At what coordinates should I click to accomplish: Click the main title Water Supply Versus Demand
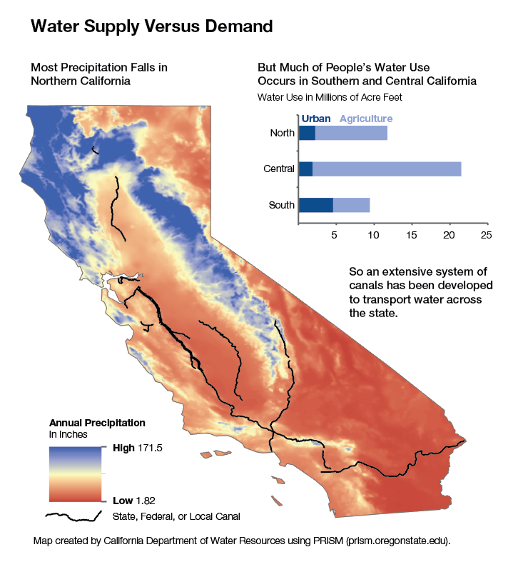(151, 27)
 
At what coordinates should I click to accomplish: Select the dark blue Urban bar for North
(307, 133)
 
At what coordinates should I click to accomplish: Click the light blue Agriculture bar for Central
(386, 169)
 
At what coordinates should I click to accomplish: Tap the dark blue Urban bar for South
(315, 205)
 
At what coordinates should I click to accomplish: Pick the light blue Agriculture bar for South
(351, 205)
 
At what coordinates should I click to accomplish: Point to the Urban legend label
(316, 119)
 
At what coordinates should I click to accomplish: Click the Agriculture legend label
(365, 119)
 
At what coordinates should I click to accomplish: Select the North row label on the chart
(282, 133)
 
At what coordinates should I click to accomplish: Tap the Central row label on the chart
(279, 169)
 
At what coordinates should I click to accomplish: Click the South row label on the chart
(281, 205)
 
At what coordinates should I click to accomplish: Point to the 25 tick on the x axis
(487, 234)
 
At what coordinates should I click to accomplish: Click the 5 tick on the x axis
(335, 234)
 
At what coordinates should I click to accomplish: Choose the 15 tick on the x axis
(411, 234)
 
